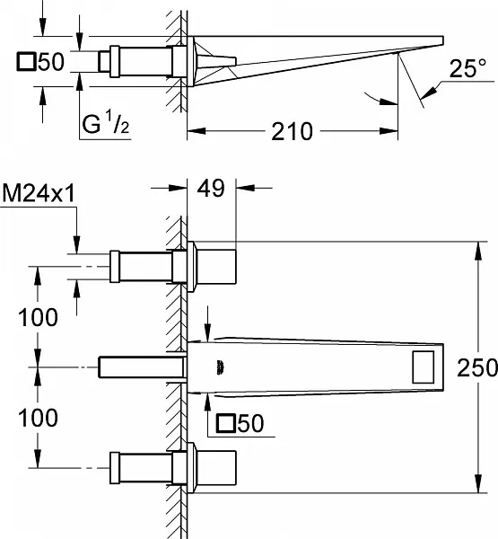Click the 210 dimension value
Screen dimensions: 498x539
(292, 131)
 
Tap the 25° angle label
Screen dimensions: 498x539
(467, 68)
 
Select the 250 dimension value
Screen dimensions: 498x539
(477, 367)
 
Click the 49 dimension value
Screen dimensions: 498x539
(211, 188)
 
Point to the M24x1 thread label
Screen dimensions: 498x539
(38, 193)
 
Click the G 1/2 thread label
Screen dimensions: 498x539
(106, 125)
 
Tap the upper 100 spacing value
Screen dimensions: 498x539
(38, 317)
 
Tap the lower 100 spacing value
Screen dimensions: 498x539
(38, 418)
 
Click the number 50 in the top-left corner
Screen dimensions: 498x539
(51, 62)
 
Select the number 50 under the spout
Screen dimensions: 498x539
(250, 423)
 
